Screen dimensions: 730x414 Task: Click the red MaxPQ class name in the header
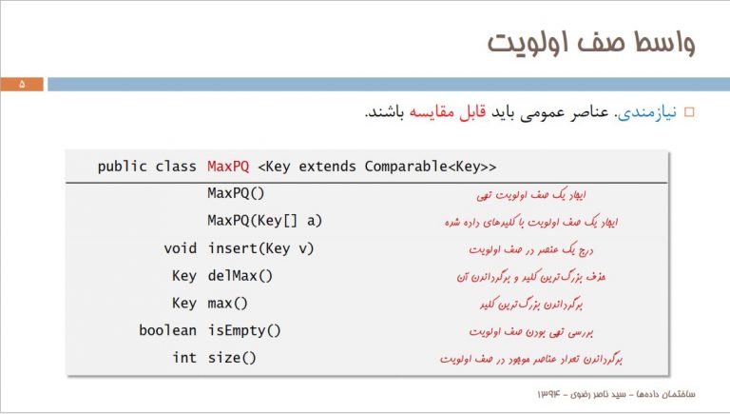(228, 167)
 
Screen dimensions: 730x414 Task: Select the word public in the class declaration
(122, 167)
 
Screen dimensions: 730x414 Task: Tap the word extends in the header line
(327, 167)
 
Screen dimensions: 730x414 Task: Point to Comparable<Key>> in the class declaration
(431, 167)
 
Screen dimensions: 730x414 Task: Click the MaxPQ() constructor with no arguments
(236, 193)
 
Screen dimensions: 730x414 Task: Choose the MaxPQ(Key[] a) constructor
(264, 221)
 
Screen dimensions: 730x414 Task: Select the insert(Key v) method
(260, 248)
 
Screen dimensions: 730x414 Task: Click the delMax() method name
(240, 276)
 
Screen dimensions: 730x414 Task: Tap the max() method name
(228, 304)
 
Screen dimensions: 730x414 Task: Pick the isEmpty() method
(244, 331)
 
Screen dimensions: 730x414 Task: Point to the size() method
(232, 358)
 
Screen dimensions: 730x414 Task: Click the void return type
(181, 248)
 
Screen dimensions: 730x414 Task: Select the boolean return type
(167, 330)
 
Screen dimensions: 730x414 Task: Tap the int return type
(184, 358)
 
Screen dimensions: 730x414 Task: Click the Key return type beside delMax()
(183, 276)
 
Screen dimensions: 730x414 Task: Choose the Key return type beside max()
(183, 304)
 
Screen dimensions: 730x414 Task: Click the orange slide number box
(22, 85)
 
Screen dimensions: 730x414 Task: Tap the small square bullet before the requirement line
(689, 112)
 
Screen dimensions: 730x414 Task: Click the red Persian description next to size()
(530, 359)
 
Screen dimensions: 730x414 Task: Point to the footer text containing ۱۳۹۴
(616, 394)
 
